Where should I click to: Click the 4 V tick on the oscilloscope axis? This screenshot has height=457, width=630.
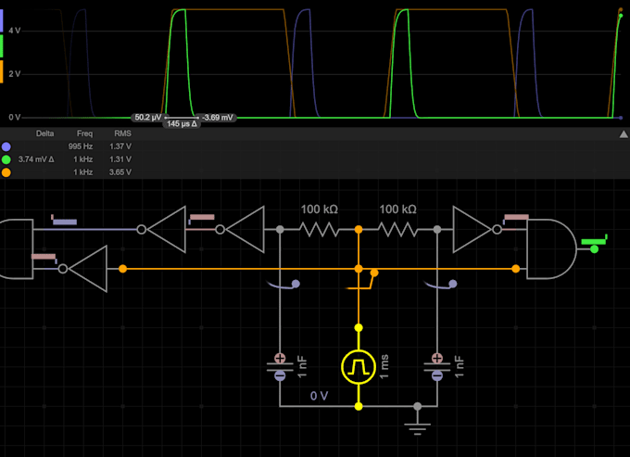[15, 31]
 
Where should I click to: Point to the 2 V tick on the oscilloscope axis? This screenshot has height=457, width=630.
[15, 74]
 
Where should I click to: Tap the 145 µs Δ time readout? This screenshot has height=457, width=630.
[182, 124]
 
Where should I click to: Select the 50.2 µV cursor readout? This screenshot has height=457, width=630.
[146, 118]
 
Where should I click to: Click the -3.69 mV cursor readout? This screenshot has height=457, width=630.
[220, 118]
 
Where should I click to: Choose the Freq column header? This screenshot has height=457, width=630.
[84, 133]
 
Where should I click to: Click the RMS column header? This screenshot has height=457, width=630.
[121, 133]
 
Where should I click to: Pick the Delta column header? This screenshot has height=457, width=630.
[44, 133]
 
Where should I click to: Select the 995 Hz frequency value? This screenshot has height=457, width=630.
[81, 146]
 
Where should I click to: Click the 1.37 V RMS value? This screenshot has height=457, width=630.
[120, 146]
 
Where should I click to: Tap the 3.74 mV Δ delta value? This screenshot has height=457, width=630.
[38, 159]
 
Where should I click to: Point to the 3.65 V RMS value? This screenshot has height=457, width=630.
[120, 172]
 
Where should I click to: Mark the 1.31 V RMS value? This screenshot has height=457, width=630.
[120, 159]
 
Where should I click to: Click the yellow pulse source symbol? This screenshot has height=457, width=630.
[359, 367]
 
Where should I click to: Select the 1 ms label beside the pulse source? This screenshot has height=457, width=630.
[384, 367]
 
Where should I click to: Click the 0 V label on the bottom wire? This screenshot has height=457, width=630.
[319, 396]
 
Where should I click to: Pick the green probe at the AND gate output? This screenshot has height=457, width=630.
[593, 245]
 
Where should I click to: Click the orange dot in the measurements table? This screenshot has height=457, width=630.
[6, 172]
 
